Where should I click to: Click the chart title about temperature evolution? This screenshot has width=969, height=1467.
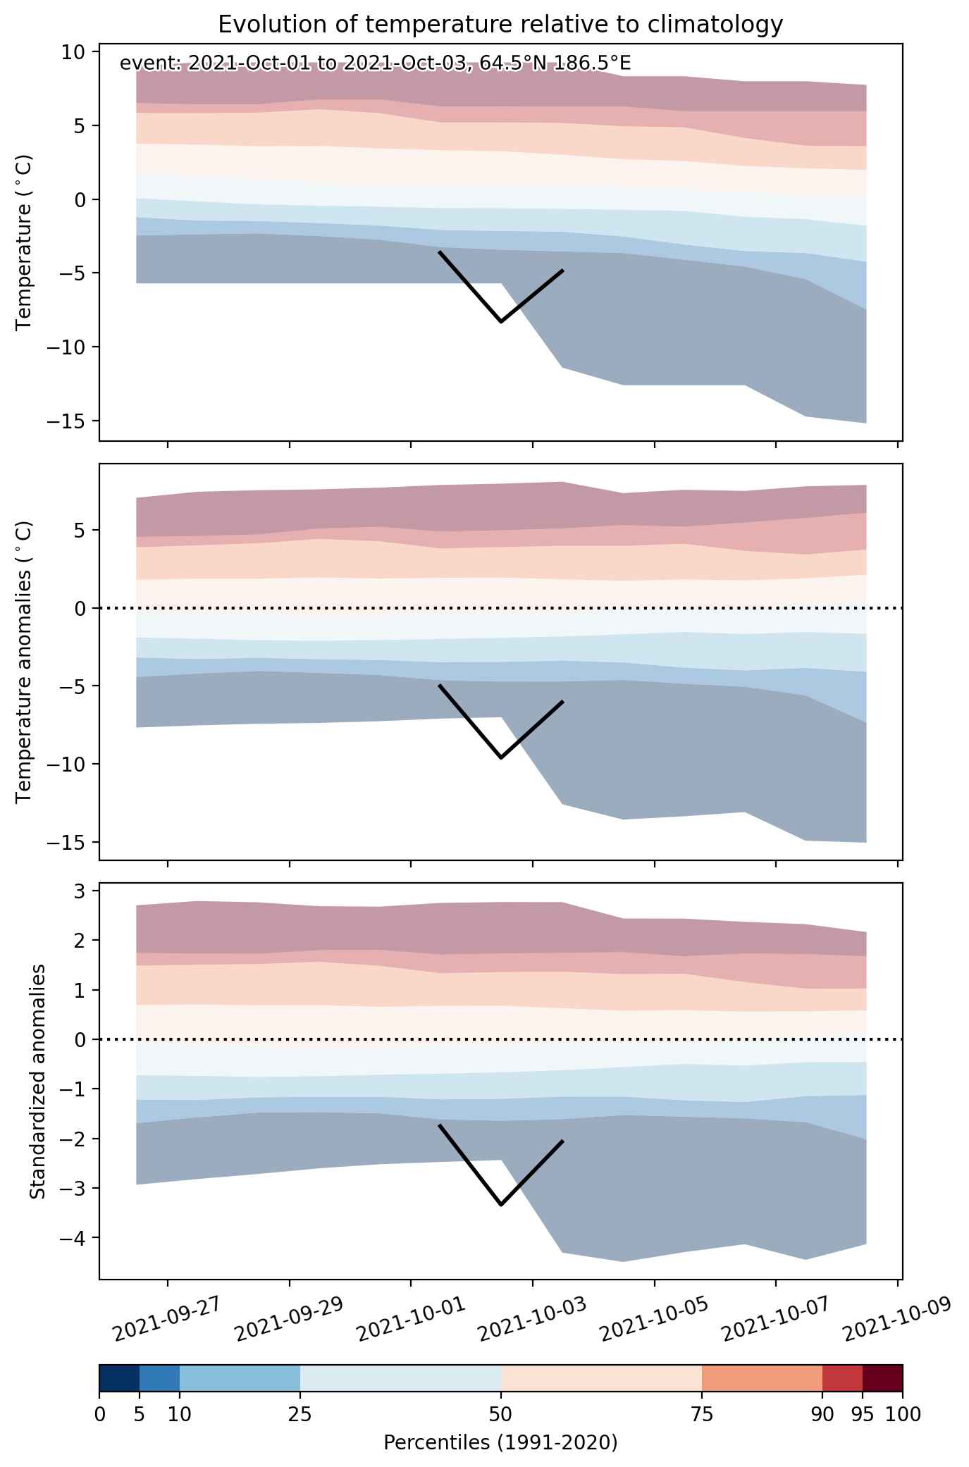coord(500,25)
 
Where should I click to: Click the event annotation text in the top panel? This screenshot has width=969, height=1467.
coord(375,63)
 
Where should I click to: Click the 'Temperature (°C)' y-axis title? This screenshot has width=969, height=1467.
coord(25,242)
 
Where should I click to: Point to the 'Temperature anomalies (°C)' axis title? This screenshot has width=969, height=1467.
coord(25,662)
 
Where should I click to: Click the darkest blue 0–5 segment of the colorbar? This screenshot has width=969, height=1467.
coord(119,1378)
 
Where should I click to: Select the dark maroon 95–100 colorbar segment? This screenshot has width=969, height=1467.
coord(882,1378)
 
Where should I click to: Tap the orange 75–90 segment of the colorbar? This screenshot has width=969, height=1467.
coord(763,1378)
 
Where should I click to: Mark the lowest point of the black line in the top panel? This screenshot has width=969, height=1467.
coord(501,321)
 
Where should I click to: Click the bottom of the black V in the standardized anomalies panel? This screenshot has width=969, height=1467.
coord(501,1205)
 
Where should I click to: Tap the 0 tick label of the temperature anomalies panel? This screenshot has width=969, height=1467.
coord(79,608)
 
